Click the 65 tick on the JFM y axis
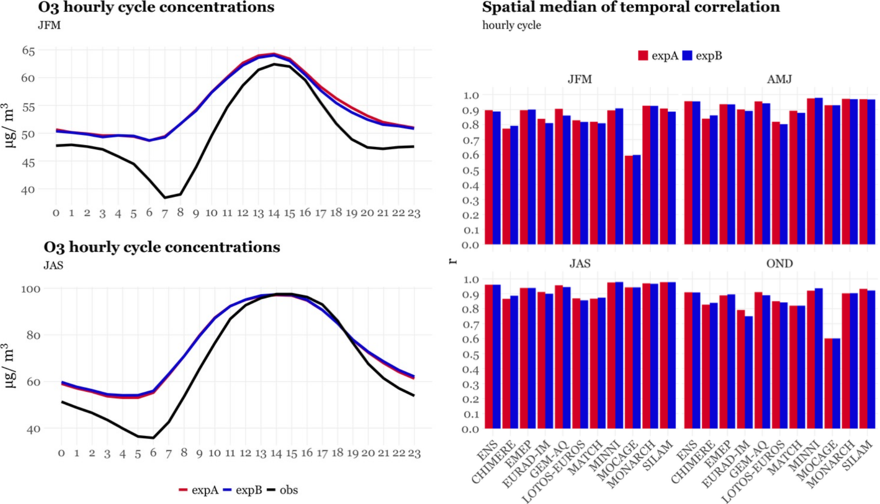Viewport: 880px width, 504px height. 28,51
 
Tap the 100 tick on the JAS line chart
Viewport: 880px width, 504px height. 31,289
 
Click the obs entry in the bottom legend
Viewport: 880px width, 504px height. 288,490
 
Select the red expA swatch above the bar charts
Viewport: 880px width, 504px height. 643,55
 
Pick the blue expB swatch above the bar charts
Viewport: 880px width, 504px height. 687,55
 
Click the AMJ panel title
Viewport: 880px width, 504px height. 779,79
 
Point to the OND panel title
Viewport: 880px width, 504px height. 779,263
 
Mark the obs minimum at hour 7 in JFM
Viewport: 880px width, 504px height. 165,197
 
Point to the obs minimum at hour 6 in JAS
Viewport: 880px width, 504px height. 153,438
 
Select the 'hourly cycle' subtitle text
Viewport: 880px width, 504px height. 511,25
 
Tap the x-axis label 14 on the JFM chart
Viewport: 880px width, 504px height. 274,213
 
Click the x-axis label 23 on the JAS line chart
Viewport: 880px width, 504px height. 414,453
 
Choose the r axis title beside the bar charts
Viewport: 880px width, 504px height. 453,261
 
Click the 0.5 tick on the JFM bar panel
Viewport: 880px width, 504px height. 471,171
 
